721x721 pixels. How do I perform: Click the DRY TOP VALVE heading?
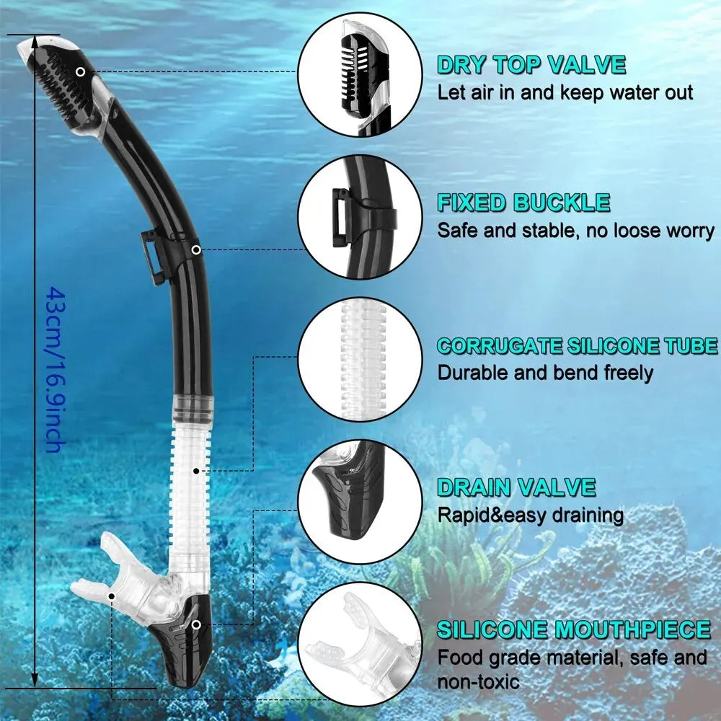click(x=531, y=65)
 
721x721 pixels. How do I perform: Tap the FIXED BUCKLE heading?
click(x=523, y=203)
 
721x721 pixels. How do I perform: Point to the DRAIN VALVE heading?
click(x=516, y=487)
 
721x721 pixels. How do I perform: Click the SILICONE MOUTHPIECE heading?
click(x=574, y=629)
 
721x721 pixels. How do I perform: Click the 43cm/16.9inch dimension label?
click(x=54, y=368)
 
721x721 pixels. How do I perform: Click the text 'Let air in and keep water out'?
click(x=565, y=92)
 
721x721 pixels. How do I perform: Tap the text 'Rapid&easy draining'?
click(x=531, y=515)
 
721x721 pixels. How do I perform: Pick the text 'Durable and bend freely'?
click(x=545, y=373)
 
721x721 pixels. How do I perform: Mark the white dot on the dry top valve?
click(x=81, y=71)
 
